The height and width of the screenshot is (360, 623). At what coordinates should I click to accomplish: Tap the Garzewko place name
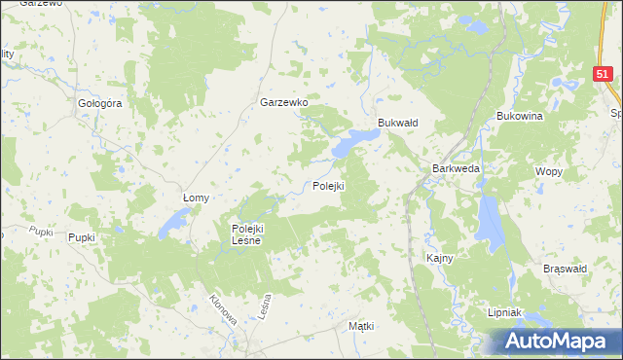(x=284, y=102)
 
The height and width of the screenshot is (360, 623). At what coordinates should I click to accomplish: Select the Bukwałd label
(x=397, y=123)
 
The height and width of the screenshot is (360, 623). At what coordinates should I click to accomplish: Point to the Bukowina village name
(x=519, y=116)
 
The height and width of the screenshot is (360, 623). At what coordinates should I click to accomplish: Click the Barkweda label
(x=456, y=168)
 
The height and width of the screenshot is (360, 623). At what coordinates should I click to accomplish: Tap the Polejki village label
(x=329, y=186)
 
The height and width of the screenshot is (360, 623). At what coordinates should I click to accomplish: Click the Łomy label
(x=197, y=198)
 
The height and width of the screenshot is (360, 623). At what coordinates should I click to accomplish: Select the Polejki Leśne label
(x=246, y=234)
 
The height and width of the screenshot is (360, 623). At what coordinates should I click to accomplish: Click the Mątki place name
(x=361, y=327)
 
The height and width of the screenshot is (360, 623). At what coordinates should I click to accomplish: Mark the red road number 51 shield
(x=605, y=74)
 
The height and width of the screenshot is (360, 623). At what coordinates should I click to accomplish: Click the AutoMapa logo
(x=554, y=342)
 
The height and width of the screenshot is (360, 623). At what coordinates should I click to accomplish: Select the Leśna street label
(x=264, y=310)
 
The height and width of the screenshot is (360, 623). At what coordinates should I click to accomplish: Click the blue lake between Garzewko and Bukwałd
(x=348, y=145)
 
